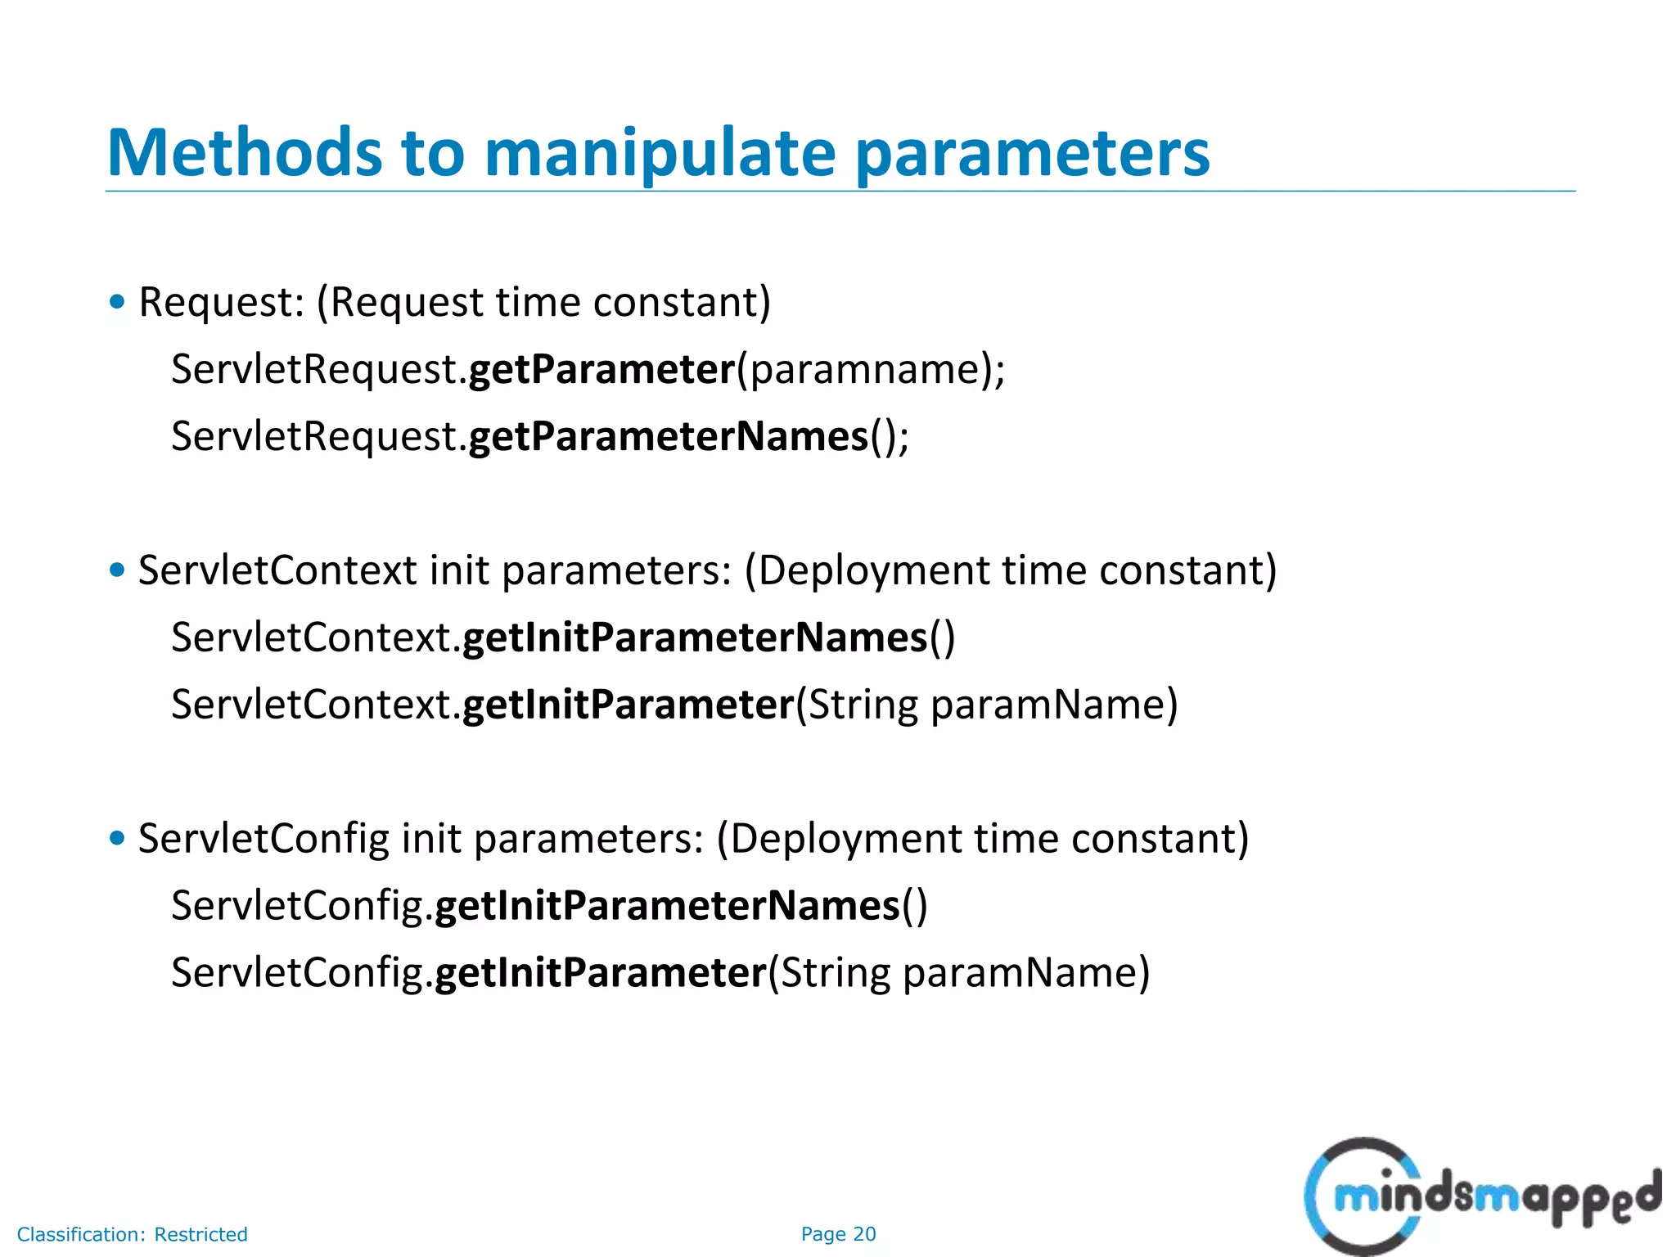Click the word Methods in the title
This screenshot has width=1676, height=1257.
point(245,153)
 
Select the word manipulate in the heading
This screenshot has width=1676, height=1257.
point(660,153)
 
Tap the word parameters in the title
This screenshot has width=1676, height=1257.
point(1032,153)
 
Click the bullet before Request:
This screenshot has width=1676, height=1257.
point(118,302)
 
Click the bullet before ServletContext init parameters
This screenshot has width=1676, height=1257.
point(118,570)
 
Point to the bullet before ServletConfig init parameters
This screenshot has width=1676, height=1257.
point(118,838)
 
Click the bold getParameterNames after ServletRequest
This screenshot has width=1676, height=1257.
point(668,436)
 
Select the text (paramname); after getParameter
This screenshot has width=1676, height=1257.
point(871,369)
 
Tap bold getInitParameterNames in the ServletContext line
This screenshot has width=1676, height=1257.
point(695,638)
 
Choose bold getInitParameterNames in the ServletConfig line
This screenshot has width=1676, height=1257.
point(667,906)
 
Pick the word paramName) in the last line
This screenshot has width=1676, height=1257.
point(1026,973)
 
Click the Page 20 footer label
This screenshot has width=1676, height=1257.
point(838,1234)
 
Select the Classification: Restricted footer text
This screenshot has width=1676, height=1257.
point(133,1234)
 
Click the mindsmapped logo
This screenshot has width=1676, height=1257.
point(1482,1196)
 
